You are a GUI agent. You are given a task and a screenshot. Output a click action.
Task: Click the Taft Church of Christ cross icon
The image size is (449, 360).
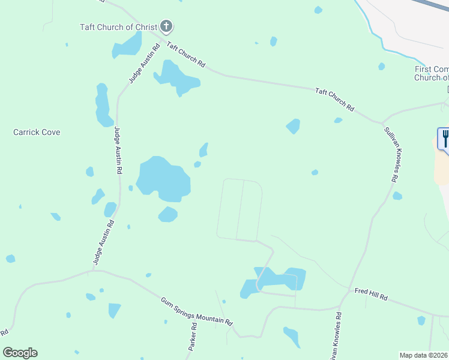pos(166,26)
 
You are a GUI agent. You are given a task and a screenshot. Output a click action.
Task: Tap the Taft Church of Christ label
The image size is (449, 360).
pos(118,27)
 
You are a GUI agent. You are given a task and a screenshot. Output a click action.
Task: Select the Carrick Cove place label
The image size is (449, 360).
pos(37,132)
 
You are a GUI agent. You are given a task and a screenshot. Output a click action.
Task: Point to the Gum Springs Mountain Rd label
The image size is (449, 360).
pos(196,311)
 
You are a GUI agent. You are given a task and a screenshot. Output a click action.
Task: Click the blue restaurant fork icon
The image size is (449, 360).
pos(445,139)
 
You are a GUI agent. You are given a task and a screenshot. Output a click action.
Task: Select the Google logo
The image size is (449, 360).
pos(20,353)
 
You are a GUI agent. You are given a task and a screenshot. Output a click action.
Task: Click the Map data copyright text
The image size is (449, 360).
pos(423,355)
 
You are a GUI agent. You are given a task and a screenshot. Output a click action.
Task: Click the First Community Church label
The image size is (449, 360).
pos(432,73)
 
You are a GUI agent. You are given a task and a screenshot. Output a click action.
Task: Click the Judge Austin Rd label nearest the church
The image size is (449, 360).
pos(142,64)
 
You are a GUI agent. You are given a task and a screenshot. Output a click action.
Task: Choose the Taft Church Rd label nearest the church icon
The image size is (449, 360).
pos(186,55)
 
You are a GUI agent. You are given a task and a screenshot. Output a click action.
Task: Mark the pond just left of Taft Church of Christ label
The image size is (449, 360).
pos(127,46)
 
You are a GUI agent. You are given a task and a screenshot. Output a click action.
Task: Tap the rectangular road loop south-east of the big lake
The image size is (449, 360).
pos(240,209)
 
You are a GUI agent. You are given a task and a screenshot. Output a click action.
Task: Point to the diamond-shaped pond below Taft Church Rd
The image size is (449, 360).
pos(293,126)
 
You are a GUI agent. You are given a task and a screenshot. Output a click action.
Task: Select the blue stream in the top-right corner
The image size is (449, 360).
pos(370,21)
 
